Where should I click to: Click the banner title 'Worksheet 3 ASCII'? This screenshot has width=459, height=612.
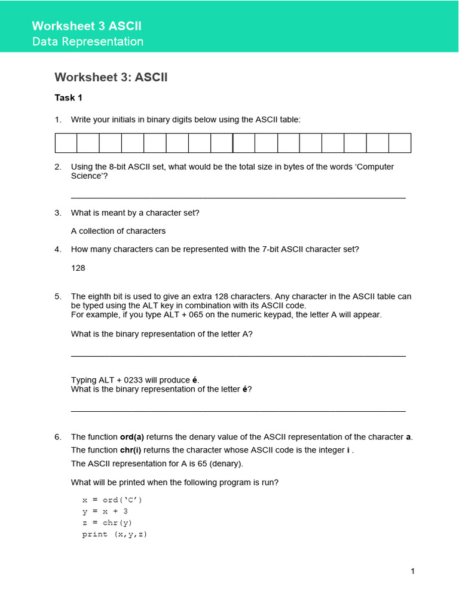pos(87,26)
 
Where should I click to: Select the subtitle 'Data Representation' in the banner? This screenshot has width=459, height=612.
pos(87,42)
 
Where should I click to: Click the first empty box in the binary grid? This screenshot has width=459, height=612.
pos(66,143)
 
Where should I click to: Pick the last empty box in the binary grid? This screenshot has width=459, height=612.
pos(400,143)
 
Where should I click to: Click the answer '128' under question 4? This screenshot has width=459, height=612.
pos(78,268)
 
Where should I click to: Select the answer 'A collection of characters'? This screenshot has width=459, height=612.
pos(118,231)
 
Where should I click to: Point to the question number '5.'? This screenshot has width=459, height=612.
pos(58,296)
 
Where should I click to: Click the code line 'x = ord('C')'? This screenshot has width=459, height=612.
pos(112,500)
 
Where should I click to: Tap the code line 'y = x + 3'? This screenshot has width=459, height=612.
pos(105,512)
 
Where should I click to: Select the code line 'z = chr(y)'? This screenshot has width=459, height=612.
pos(108,523)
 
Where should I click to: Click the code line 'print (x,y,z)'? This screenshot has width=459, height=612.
pos(114,534)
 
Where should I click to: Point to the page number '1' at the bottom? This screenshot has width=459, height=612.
pos(412,571)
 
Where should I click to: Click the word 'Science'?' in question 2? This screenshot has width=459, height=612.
pos(90,176)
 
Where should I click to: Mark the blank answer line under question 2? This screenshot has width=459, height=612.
pos(238,197)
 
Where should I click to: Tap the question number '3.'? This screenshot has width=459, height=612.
pos(58,213)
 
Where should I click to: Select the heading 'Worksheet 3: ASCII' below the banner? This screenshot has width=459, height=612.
pos(111,77)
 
